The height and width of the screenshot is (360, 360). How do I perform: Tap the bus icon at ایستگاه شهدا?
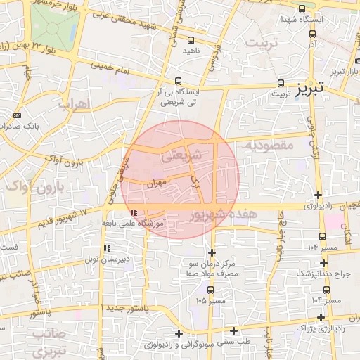click(302, 9)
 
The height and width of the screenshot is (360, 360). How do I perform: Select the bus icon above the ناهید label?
click(191, 39)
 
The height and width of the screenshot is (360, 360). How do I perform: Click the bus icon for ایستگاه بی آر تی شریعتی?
click(179, 81)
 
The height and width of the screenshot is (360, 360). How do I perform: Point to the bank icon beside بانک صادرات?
click(17, 116)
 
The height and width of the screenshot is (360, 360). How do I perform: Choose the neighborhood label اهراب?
click(75, 105)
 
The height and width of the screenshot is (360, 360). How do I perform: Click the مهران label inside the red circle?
click(155, 182)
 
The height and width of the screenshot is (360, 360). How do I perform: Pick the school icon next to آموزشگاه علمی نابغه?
click(133, 212)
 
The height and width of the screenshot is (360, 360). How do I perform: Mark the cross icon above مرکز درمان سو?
click(212, 253)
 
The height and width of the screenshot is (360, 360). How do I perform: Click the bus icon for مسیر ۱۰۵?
click(211, 289)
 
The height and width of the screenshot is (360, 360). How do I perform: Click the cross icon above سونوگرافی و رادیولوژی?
click(179, 333)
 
